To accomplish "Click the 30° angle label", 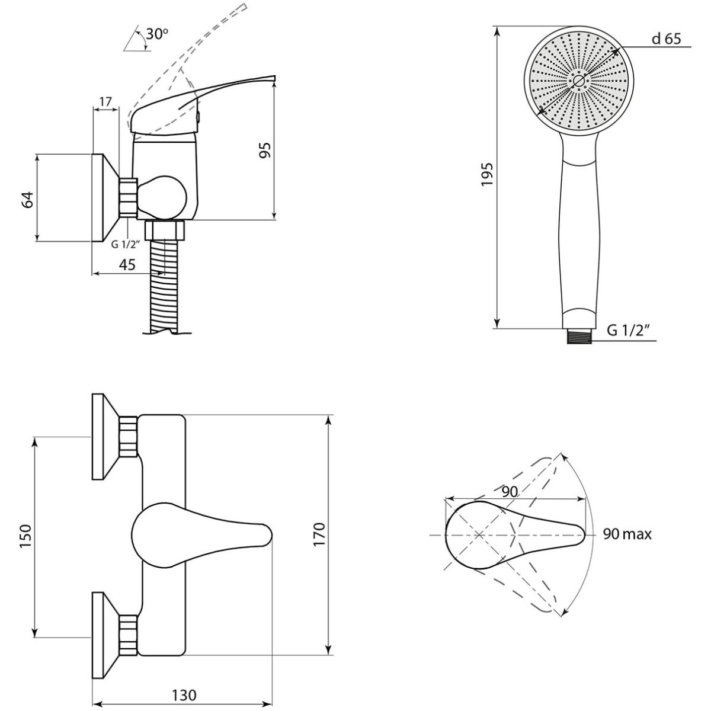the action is point(157,34).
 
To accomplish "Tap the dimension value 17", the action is point(105,101).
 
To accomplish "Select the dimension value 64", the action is point(28,200).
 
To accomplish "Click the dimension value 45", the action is point(127,264).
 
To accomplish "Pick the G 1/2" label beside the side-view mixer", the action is point(126,244).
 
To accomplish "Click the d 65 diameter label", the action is point(667,39).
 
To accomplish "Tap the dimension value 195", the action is point(487,175).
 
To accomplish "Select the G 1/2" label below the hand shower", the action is point(628,331).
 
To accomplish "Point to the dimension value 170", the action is point(319,534).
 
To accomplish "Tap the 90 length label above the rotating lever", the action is point(510,491).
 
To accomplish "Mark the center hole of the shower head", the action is point(578,81).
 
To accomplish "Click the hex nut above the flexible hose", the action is point(165,230).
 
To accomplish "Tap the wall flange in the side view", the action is point(106,197).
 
